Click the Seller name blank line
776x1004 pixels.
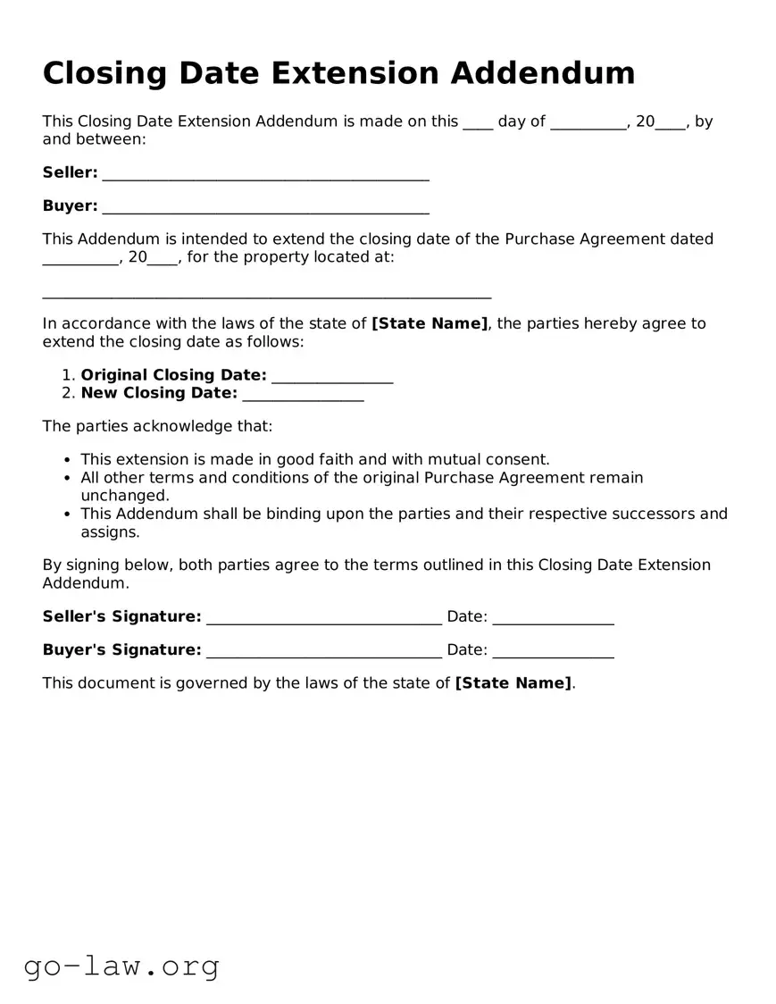[266, 174]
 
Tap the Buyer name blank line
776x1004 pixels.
[266, 207]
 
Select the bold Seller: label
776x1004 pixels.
[70, 172]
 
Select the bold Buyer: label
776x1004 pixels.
[70, 206]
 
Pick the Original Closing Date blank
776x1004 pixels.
[332, 376]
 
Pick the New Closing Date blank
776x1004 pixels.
[303, 395]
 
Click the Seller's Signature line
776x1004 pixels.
[323, 618]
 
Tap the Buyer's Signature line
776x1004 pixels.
[323, 651]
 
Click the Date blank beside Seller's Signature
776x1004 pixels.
[553, 618]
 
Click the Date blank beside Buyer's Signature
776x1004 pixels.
[553, 651]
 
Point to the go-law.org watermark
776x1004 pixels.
[121, 966]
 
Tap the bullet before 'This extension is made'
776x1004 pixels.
[69, 461]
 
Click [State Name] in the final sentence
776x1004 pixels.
[513, 683]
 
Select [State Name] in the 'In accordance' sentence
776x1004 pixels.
[430, 323]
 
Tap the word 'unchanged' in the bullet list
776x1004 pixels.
[123, 496]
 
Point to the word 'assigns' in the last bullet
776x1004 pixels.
[109, 532]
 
